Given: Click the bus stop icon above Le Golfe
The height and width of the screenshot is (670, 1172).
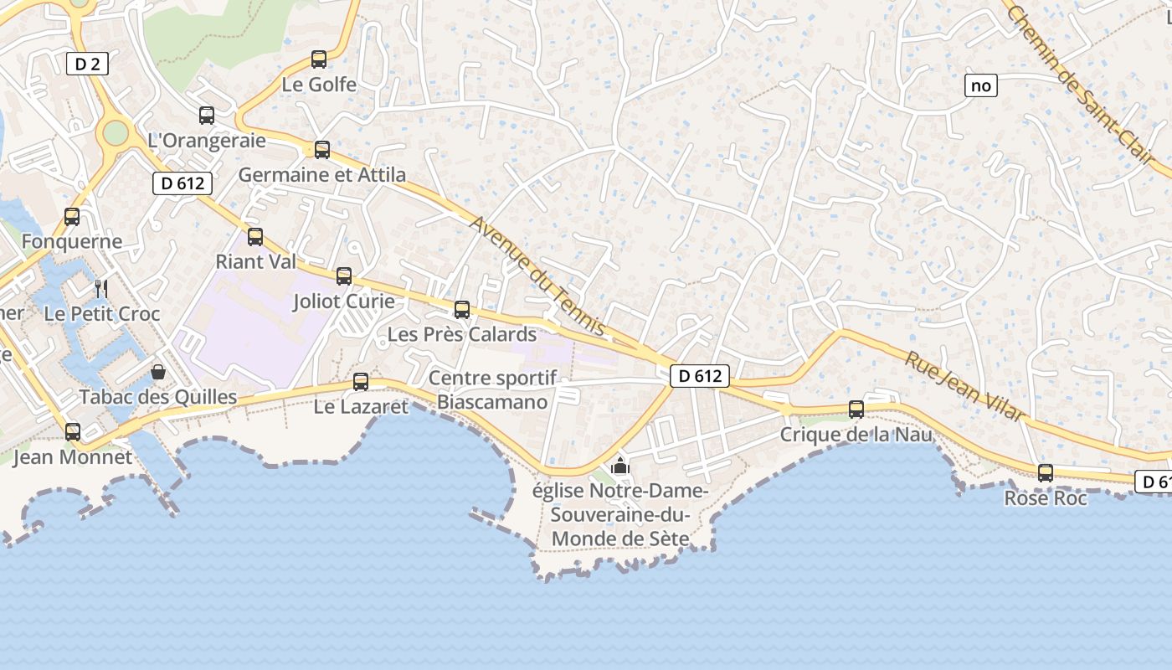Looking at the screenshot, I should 319,59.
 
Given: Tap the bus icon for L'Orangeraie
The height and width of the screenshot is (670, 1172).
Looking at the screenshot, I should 207,116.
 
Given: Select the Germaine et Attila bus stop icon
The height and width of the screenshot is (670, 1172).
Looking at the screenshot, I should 322,150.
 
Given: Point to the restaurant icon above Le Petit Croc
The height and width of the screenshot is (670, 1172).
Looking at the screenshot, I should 101,289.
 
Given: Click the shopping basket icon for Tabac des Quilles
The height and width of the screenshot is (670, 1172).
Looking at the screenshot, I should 158,372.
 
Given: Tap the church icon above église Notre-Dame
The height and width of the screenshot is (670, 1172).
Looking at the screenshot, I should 620,466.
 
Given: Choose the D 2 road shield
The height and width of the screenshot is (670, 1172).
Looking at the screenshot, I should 87,64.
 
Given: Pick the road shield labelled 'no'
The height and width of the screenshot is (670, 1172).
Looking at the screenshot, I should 981,85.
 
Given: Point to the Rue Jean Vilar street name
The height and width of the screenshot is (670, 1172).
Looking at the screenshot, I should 964,385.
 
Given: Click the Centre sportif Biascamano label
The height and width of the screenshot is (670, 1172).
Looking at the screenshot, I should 492,389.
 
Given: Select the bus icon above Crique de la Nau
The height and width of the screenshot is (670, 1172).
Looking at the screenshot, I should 856,410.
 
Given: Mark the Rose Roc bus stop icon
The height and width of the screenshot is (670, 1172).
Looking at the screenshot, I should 1046,473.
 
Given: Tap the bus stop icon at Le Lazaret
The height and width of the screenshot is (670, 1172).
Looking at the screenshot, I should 361,382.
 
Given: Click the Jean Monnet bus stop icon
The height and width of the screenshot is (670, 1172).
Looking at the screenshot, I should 73,432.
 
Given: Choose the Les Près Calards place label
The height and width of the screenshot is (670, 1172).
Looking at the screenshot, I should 461,334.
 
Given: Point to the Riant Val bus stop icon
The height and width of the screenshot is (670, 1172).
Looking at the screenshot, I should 255,237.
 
